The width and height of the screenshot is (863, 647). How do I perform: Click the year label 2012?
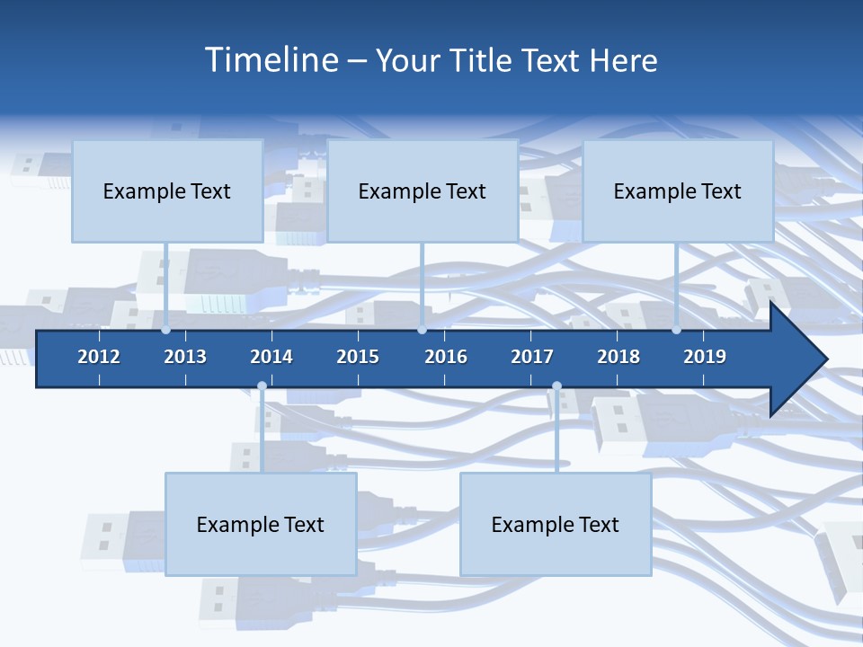(x=99, y=357)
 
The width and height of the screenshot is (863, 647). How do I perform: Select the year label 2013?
(x=185, y=357)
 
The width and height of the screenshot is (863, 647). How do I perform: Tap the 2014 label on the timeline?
(x=271, y=357)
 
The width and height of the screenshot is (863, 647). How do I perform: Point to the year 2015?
(x=358, y=357)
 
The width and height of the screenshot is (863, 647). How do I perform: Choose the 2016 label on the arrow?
(x=446, y=357)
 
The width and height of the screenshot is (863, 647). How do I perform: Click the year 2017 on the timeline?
(x=532, y=357)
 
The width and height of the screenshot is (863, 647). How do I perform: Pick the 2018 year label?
(x=618, y=357)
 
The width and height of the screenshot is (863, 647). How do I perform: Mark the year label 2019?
(x=705, y=357)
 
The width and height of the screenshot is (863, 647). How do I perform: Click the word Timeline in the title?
(x=271, y=60)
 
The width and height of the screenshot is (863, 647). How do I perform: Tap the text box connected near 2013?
(x=167, y=191)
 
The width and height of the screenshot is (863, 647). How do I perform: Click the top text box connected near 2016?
(x=423, y=191)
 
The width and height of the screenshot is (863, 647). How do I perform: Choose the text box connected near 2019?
(x=678, y=191)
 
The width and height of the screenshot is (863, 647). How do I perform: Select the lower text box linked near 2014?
(x=261, y=524)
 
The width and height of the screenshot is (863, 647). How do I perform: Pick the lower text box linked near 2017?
(x=556, y=524)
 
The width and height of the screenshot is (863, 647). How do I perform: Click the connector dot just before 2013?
(x=165, y=330)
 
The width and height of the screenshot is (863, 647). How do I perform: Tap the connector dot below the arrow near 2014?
(x=262, y=386)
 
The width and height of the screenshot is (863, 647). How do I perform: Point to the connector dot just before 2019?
(x=676, y=330)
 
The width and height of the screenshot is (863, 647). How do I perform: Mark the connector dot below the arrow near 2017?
(x=556, y=386)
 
